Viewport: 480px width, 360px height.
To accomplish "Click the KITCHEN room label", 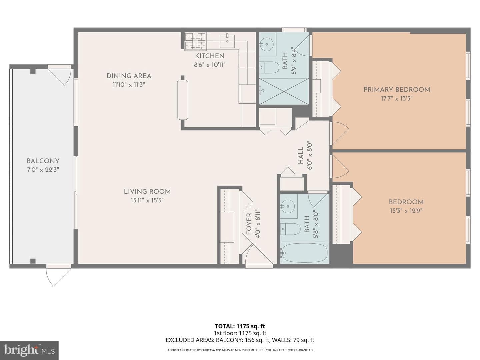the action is (x=209, y=56).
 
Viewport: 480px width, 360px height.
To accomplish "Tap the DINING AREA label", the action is (x=129, y=76).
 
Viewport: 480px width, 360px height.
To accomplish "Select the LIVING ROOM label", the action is (x=147, y=191).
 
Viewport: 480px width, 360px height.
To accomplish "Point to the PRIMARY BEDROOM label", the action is (x=397, y=90).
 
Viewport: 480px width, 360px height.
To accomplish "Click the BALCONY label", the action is (x=43, y=161).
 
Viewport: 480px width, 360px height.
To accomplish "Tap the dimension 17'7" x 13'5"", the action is (x=397, y=99).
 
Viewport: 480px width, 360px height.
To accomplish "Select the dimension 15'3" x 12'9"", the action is (x=406, y=211).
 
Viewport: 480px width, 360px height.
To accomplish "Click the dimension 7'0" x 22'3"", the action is (x=43, y=170).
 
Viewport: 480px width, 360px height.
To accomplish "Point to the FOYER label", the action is (x=249, y=224).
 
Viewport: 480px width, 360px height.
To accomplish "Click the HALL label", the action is (x=301, y=155).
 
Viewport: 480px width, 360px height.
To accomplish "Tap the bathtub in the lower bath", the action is (x=304, y=253).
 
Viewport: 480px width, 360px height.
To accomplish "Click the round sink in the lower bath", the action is (x=288, y=206).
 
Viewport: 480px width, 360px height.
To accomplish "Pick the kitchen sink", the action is (x=227, y=41).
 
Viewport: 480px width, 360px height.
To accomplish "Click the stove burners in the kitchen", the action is (x=195, y=42).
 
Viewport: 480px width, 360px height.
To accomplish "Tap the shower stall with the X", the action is (x=284, y=92).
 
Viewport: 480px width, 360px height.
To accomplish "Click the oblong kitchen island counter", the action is (x=183, y=99).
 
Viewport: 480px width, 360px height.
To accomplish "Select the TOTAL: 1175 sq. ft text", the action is (x=240, y=326).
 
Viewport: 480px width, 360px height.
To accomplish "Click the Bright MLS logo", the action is (x=29, y=350).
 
